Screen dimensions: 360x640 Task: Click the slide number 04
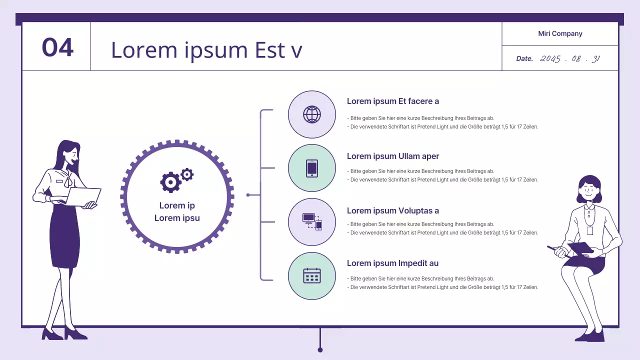click(57, 47)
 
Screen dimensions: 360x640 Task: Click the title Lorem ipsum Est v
click(206, 50)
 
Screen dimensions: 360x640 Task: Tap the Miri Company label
click(560, 33)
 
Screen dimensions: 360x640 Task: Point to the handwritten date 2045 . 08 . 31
click(570, 58)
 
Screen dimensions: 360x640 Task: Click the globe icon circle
click(312, 114)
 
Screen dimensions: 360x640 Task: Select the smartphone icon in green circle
click(312, 168)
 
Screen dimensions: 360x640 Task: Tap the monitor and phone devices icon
click(312, 221)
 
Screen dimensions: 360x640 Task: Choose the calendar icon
click(312, 275)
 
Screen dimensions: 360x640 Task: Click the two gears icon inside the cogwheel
click(176, 180)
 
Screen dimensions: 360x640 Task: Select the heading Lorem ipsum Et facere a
click(393, 101)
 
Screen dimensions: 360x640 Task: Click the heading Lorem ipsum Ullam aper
click(393, 156)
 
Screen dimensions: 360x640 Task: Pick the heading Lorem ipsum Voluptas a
click(393, 210)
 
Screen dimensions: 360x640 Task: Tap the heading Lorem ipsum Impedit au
click(392, 263)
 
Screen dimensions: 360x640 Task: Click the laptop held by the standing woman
click(82, 196)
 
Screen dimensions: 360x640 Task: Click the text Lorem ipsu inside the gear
click(177, 218)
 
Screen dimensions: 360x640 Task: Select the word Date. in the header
click(524, 58)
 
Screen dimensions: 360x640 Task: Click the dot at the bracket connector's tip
click(248, 195)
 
